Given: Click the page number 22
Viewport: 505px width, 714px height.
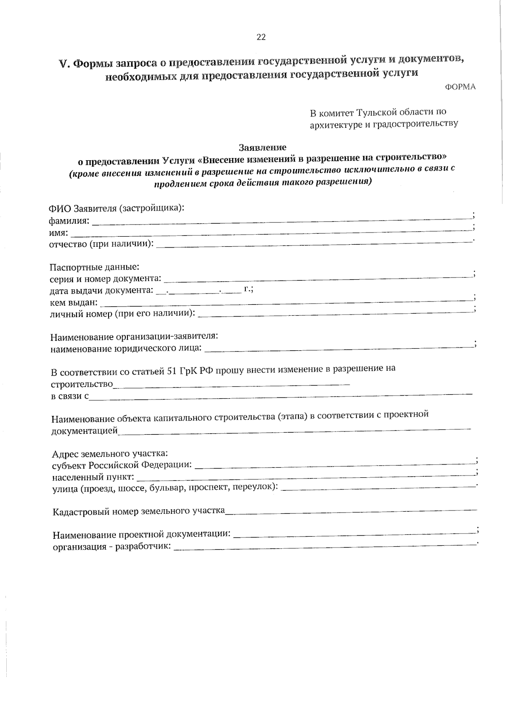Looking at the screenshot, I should (261, 37).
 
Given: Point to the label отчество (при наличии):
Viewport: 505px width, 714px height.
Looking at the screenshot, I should (101, 244).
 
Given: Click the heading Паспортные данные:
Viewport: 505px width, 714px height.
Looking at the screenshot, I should (95, 267).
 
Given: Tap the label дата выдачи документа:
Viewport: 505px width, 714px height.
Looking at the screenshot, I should (101, 291).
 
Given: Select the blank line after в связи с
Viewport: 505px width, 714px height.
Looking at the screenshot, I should (280, 395).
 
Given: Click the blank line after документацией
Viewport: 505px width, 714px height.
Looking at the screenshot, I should (294, 430).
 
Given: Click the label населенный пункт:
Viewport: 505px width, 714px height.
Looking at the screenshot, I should (93, 477).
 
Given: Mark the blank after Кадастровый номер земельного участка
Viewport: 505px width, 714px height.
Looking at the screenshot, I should (351, 511).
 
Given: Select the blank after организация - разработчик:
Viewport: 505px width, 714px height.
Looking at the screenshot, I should (324, 546).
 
